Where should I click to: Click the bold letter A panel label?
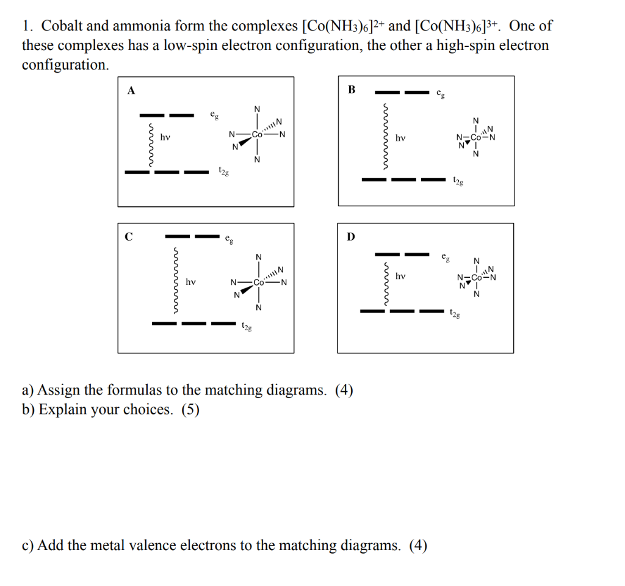point(131,90)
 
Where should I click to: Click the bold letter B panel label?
point(351,90)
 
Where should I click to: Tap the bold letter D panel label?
point(350,236)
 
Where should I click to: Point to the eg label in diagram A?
point(214,114)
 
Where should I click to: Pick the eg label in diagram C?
point(229,237)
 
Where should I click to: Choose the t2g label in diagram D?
point(455,314)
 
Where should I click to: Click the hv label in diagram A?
point(165,138)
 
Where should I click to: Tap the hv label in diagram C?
point(191,282)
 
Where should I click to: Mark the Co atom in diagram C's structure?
point(259,283)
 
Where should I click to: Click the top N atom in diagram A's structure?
point(257,109)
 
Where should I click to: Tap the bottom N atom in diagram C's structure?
point(259,307)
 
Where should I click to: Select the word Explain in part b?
point(63,409)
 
